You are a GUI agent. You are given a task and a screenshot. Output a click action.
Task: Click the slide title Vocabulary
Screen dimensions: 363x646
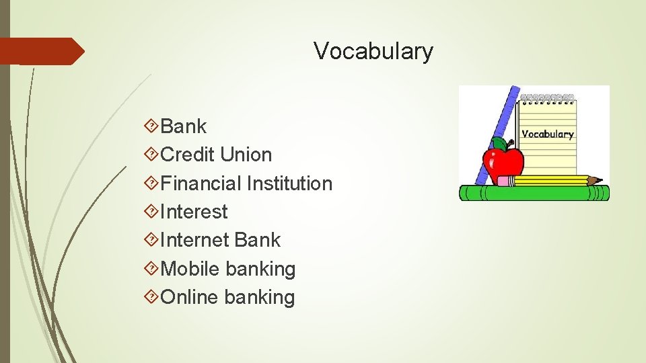373,51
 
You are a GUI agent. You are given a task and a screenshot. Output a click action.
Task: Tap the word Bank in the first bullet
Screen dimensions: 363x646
184,126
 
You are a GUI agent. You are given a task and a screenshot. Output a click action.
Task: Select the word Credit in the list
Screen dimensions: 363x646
188,155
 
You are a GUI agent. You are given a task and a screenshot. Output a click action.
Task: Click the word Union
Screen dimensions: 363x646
246,155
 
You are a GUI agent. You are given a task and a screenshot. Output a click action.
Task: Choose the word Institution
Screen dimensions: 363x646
289,184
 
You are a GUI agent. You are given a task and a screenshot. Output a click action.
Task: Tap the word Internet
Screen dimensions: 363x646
196,241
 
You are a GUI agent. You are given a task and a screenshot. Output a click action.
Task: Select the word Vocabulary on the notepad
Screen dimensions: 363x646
548,134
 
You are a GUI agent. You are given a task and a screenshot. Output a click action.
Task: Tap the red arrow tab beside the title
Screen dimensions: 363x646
40,51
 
